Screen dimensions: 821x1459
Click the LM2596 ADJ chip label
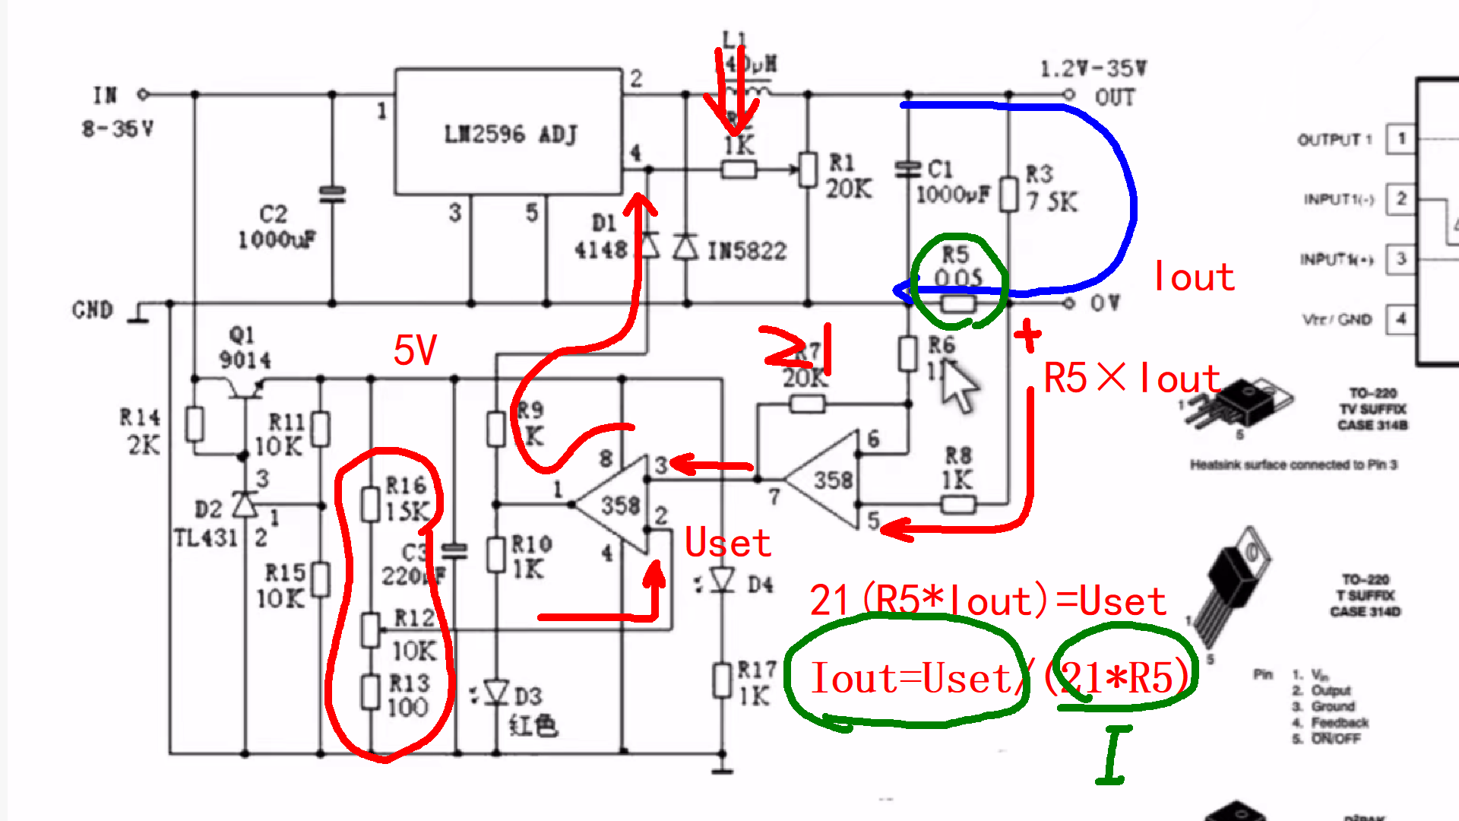511,135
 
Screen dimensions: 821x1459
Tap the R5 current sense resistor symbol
957,304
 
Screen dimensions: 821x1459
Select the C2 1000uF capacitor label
276,227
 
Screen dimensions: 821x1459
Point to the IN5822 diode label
746,251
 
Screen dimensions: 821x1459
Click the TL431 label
205,538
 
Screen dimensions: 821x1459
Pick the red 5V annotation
415,350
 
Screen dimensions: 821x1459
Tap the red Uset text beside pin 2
727,543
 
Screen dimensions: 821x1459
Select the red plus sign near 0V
1027,334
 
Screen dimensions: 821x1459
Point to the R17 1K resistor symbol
722,680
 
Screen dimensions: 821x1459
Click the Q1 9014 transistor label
244,347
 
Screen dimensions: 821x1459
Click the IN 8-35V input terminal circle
143,94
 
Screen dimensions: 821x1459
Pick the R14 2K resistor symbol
195,424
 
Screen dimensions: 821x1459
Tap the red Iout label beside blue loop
1193,277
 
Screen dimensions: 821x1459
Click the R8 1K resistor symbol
957,503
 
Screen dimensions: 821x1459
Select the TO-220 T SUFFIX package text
1365,595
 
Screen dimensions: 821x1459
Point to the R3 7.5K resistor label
1051,189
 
